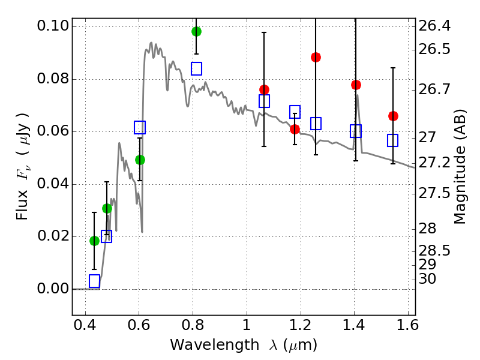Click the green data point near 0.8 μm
point(196,31)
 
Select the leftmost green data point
point(94,241)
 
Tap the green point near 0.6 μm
point(140,160)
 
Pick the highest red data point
point(316,57)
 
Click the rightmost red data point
point(393,116)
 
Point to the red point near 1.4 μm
point(356,85)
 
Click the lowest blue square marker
point(94,281)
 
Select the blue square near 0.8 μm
point(196,68)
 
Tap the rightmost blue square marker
point(393,140)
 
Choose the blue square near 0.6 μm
point(140,127)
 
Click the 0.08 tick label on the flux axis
point(52,79)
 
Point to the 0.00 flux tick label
point(52,289)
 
